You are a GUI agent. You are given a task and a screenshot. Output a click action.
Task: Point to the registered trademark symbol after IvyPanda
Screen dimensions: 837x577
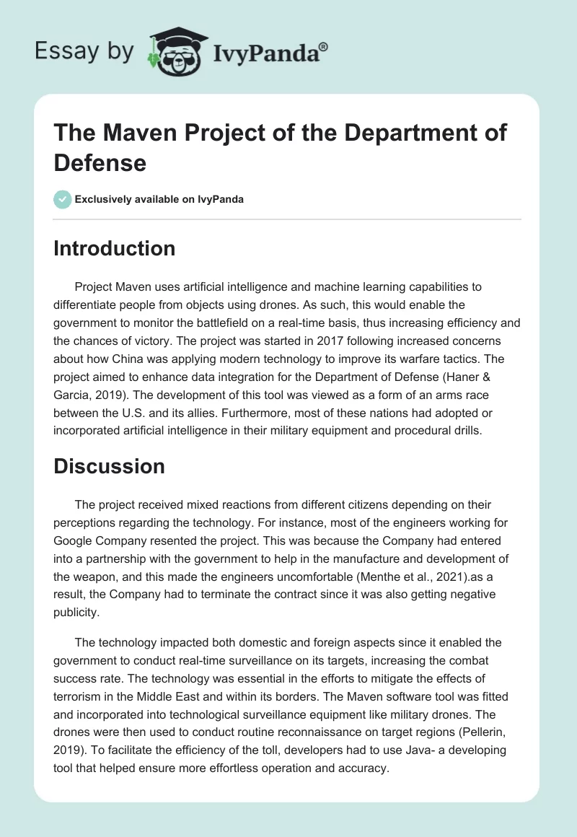[x=324, y=45]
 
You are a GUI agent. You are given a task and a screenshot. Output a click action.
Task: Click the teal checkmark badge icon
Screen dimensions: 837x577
[x=63, y=199]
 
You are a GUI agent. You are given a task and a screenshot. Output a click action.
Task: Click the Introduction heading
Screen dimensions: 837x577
[x=115, y=249]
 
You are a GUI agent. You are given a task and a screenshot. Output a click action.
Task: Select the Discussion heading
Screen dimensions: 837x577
[x=110, y=466]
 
